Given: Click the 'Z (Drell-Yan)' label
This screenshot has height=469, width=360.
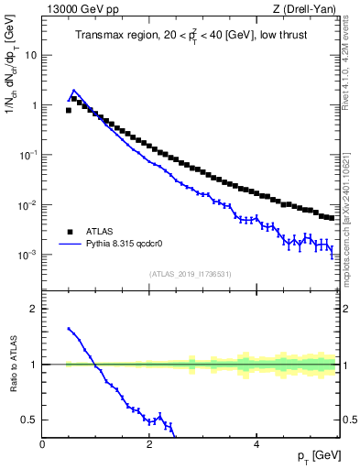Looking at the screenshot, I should point(307,9).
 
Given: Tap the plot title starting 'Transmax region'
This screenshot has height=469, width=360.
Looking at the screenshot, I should point(190,36).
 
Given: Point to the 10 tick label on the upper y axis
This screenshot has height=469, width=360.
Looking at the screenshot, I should point(30,55).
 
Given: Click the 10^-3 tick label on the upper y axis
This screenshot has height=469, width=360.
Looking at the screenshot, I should point(27,255).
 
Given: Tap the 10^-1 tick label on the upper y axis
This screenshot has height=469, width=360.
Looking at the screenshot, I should point(27,155).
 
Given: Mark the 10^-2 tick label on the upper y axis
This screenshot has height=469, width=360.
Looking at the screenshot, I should point(27,205).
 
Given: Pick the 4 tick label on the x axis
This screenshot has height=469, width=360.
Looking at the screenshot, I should point(256,446).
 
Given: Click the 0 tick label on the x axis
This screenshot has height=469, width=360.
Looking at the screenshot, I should point(43,446).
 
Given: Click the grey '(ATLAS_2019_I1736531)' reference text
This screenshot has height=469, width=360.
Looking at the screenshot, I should point(190,274).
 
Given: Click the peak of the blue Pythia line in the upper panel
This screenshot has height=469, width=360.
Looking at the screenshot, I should point(74,91).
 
